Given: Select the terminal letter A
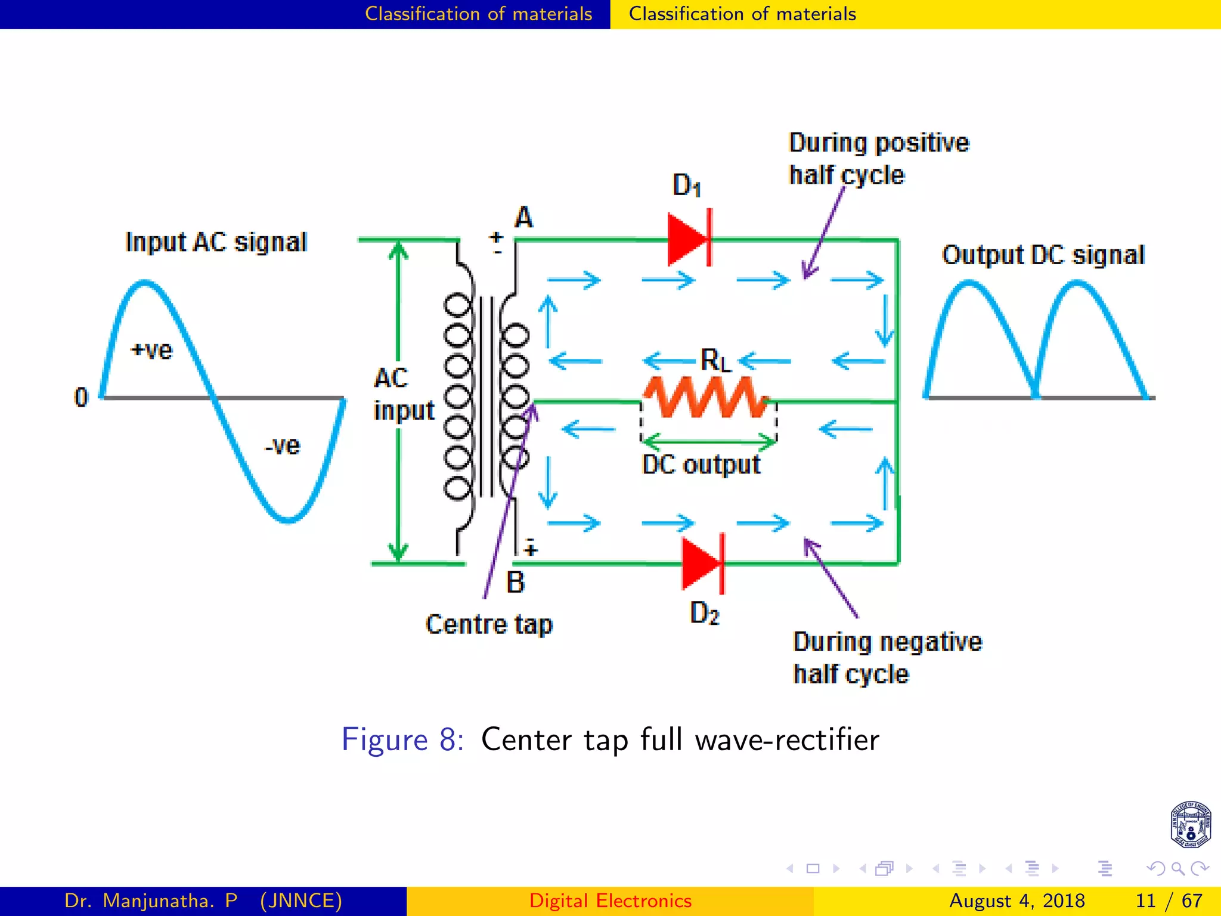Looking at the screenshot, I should (523, 218).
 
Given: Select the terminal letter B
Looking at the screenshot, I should (516, 582).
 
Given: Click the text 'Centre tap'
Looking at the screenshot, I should (489, 624).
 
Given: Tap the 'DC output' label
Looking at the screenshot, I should (701, 465).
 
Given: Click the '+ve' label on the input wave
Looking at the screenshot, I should (151, 350).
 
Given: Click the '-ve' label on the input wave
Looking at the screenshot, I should (283, 445).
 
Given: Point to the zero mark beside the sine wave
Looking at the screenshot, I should (81, 397).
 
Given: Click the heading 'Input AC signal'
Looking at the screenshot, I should (216, 242).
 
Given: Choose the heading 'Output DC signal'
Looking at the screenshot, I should (1043, 255).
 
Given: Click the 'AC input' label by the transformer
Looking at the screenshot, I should (404, 394).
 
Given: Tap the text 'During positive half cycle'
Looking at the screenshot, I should (879, 159).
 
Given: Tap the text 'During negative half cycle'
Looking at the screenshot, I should (887, 658).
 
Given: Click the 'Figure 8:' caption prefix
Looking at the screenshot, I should (402, 739).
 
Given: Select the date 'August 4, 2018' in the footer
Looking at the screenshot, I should (1017, 900).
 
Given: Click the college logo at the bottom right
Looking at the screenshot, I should (1190, 825).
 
